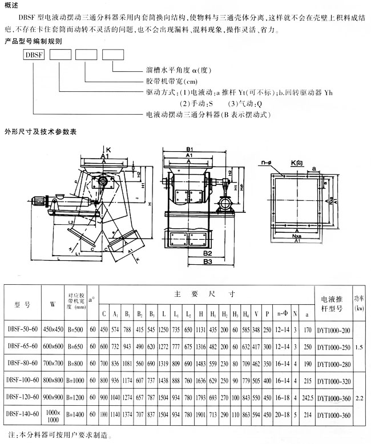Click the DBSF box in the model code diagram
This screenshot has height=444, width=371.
tap(33, 55)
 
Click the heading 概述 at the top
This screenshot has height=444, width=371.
tap(11, 5)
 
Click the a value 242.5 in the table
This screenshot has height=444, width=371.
tap(308, 398)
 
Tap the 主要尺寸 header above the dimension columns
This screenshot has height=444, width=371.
tap(204, 294)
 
